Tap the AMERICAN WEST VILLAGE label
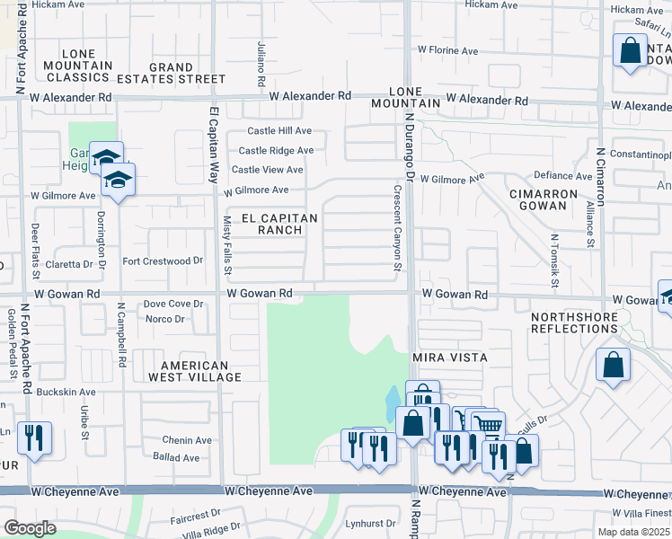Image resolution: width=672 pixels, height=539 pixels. click(201, 371)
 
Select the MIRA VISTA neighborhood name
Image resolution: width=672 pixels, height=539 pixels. click(449, 358)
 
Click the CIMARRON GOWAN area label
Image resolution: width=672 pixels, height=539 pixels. click(537, 200)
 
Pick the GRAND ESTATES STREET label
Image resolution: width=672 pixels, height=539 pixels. click(171, 73)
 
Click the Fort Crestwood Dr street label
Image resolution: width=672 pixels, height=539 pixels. click(163, 261)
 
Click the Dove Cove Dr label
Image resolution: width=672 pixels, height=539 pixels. click(174, 305)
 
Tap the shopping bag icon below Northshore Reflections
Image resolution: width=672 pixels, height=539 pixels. click(613, 365)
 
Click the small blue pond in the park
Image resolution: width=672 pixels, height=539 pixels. click(393, 398)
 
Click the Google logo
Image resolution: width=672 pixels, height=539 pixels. click(30, 528)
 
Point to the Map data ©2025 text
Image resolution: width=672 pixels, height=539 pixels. click(633, 532)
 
